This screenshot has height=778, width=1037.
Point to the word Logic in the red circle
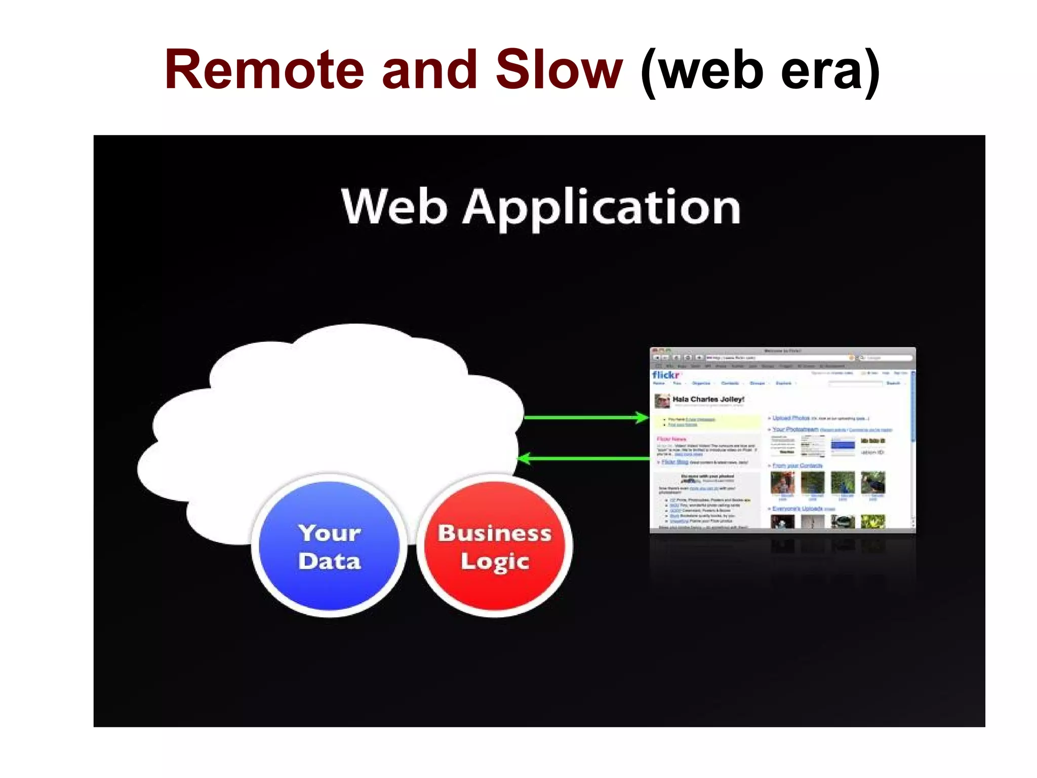pos(495,562)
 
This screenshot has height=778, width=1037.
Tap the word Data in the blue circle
pos(330,561)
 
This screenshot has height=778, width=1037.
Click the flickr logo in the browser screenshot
pos(666,375)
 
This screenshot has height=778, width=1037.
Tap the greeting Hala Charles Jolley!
pos(708,399)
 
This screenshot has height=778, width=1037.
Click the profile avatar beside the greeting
pos(662,401)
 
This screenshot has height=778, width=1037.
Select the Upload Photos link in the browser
pos(791,418)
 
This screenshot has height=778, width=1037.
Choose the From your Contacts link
pos(797,465)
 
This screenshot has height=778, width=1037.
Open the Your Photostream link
pos(795,430)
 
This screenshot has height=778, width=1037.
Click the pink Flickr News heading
pos(671,439)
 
